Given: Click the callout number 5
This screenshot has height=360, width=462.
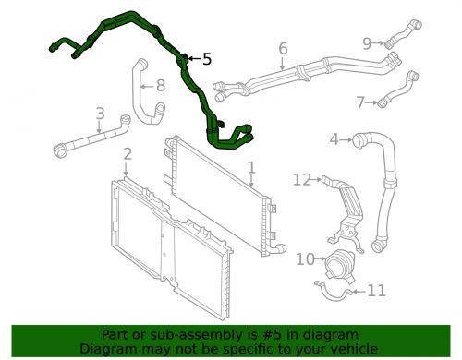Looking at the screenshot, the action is (207, 59).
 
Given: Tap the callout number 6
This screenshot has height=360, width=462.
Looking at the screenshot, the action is (283, 49).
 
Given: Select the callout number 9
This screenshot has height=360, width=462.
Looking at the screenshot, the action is (367, 43).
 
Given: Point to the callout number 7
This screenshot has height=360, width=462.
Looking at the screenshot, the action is (360, 102).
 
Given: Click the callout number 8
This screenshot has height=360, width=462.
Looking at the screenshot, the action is (161, 86).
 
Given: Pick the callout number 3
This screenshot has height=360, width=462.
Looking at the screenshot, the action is (101, 114).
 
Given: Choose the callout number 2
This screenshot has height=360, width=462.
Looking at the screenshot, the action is (128, 154).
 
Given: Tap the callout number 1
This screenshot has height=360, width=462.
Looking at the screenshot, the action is (252, 168).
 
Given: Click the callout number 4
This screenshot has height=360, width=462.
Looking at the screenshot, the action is (334, 139).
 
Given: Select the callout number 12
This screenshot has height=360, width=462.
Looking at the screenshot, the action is (302, 180).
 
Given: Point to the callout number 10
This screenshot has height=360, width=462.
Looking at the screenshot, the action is (306, 259).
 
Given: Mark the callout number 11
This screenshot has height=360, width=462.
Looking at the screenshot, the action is (376, 291).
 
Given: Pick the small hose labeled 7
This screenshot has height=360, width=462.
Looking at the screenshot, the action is (398, 90).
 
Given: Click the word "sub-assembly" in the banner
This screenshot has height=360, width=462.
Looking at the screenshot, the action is (186, 334).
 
